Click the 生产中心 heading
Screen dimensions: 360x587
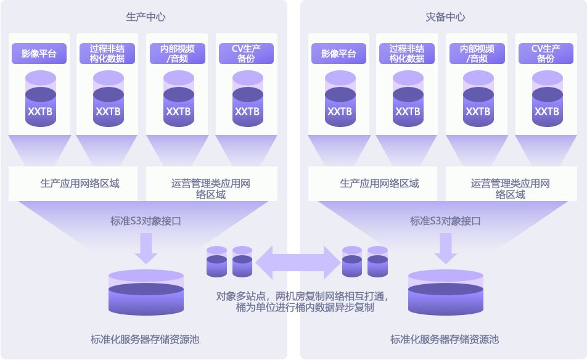146,17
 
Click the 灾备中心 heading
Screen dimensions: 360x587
445,17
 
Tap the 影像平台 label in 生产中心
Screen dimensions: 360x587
39,54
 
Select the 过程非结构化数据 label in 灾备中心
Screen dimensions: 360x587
407,54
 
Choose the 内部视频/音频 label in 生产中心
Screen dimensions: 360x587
178,54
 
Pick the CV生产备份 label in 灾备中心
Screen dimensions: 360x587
546,54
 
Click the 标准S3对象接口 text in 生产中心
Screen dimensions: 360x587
146,220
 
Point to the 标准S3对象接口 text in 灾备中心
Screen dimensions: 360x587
445,220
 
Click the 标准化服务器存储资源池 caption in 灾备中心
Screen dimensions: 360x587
445,339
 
